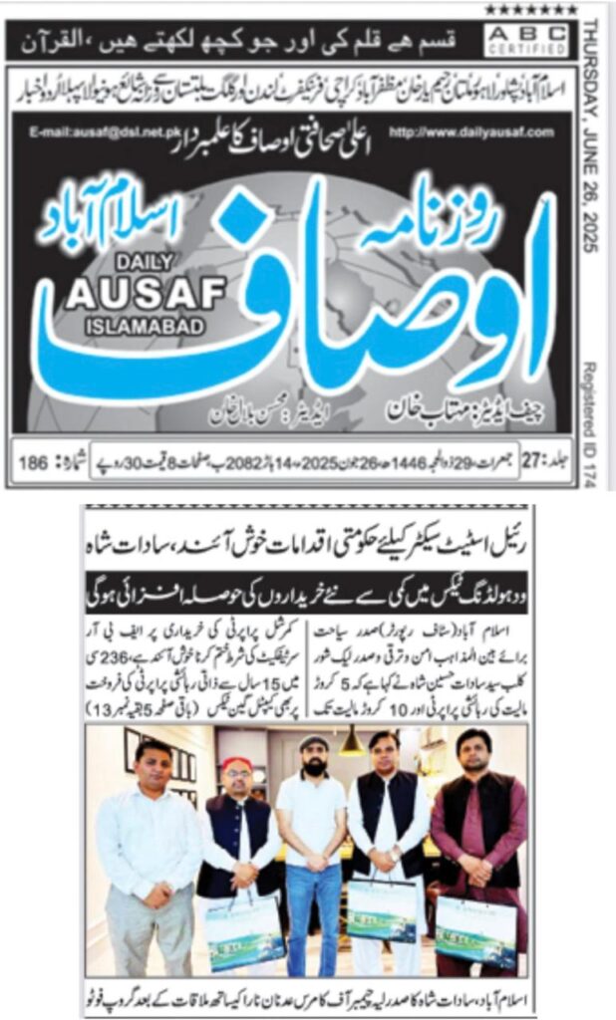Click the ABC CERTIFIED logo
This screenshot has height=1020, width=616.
(x=538, y=40)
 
